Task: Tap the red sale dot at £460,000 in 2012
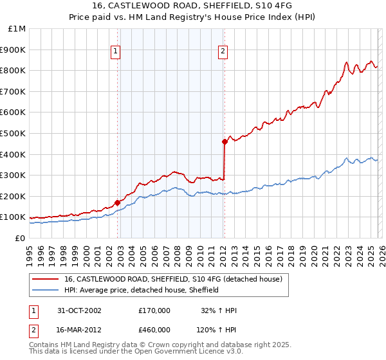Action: [225, 141]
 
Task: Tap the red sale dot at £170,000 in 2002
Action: [118, 203]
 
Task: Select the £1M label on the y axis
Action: [17, 29]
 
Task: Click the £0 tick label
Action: [20, 238]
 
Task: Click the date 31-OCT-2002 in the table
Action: [78, 310]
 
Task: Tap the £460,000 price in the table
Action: [154, 330]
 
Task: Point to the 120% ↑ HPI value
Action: [217, 330]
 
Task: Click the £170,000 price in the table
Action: [154, 310]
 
